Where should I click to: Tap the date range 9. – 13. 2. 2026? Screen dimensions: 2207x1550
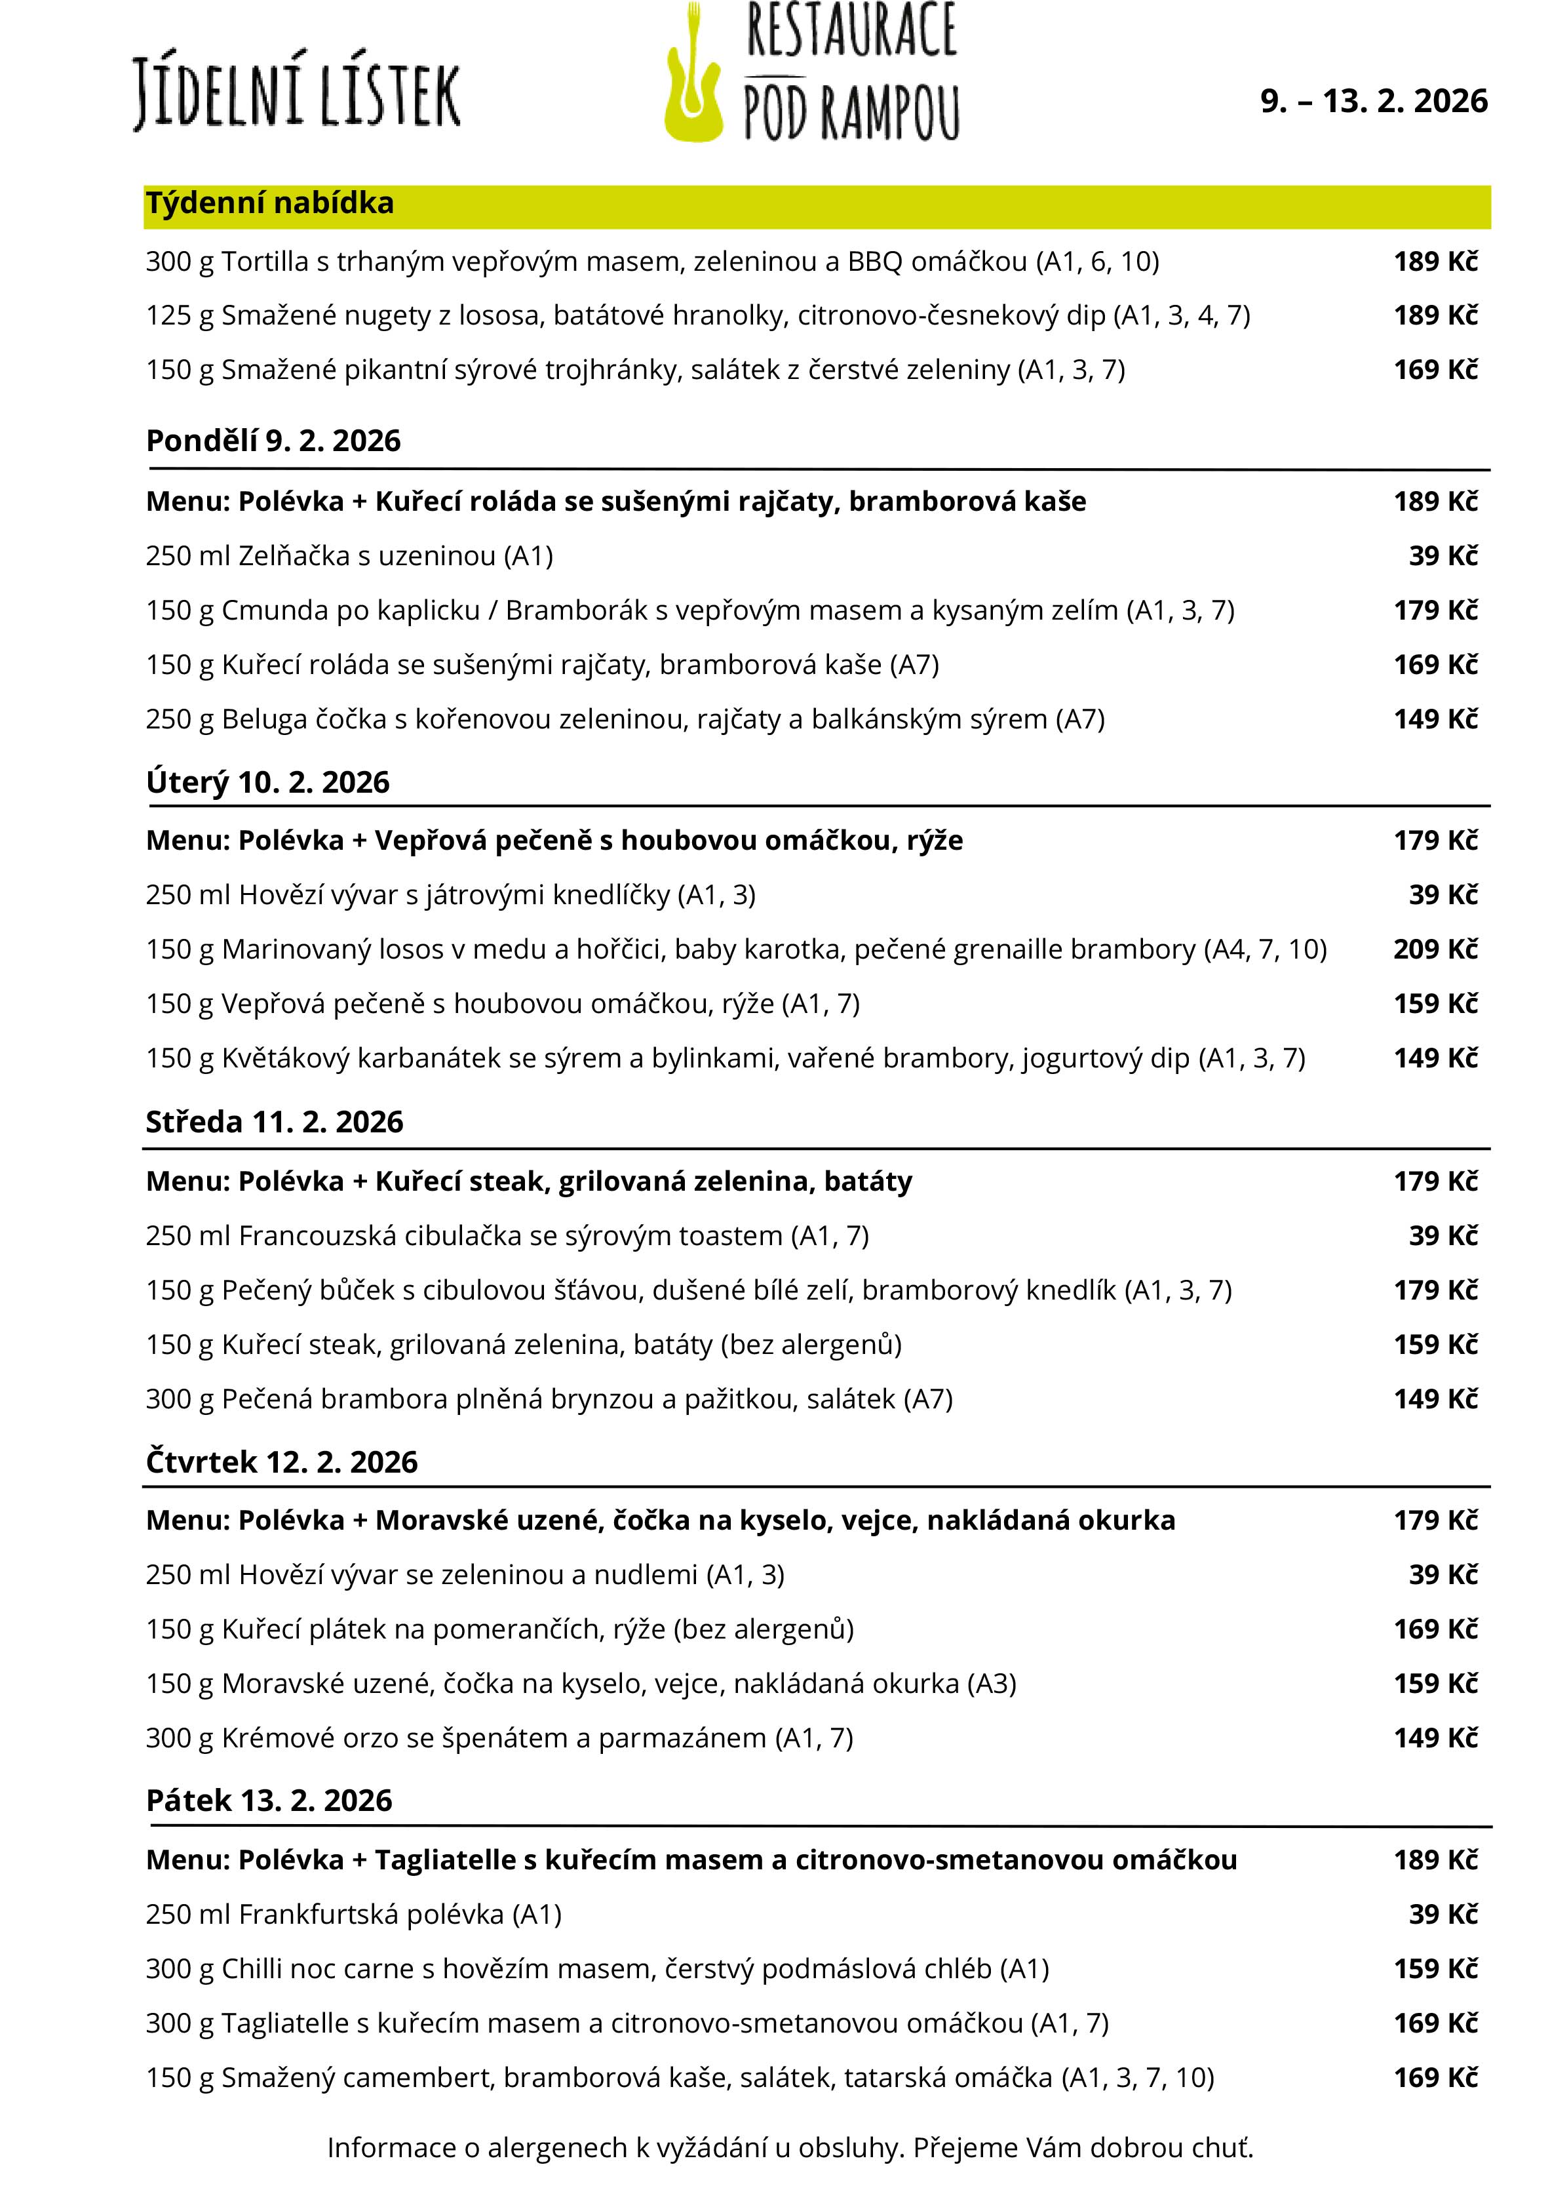(1373, 101)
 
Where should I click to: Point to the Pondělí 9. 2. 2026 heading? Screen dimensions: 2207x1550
(273, 441)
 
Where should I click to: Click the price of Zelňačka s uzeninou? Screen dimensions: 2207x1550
(1443, 555)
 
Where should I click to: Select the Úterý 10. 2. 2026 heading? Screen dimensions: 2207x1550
(267, 782)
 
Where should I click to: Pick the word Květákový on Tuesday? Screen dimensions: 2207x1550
(285, 1058)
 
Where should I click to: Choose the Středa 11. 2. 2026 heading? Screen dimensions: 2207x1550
(274, 1122)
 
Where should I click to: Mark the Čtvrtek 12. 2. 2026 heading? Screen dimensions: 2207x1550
(282, 1462)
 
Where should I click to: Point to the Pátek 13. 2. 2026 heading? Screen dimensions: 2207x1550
(269, 1800)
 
